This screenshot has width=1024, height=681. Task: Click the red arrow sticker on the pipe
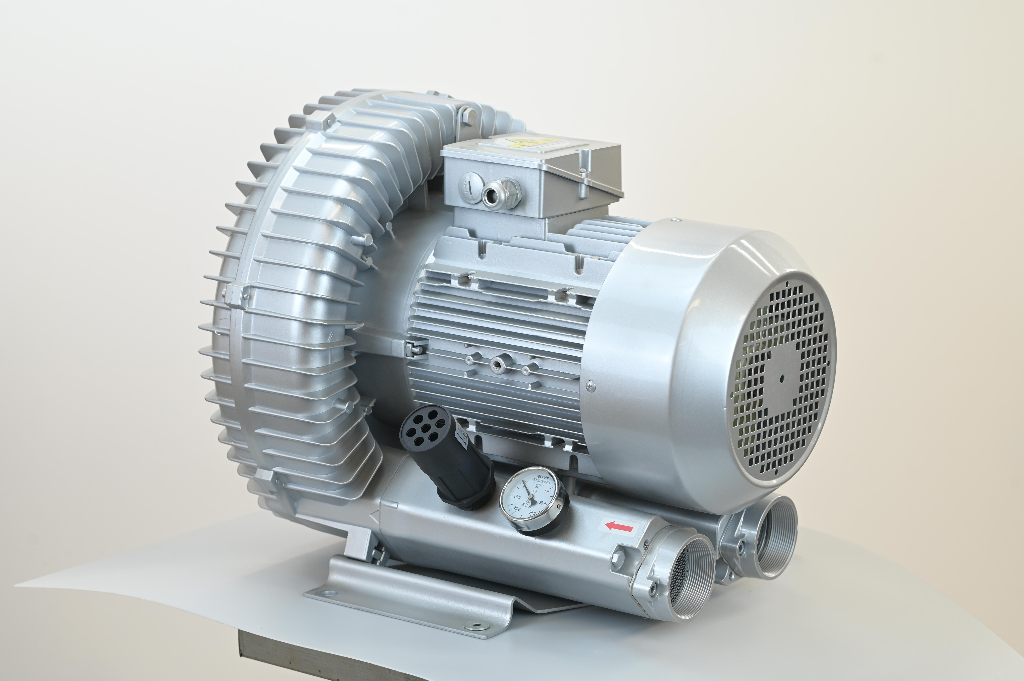619,527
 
